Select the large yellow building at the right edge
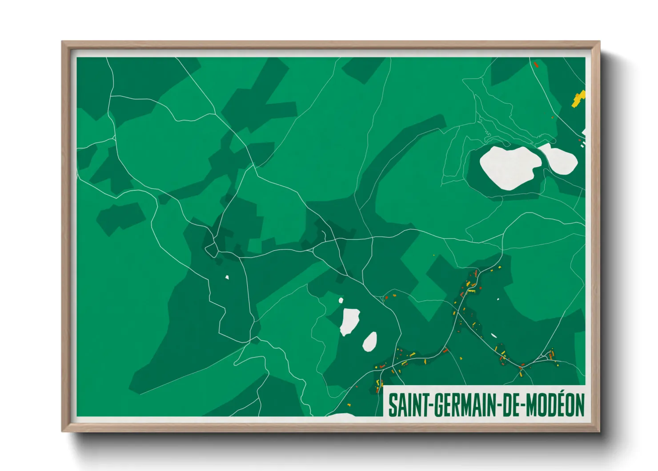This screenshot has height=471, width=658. click(578, 98)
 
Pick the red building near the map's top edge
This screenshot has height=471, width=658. click(536, 64)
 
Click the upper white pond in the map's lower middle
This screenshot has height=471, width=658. click(349, 321)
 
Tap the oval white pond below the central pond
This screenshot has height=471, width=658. click(370, 342)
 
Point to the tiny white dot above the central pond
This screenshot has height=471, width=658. click(341, 300)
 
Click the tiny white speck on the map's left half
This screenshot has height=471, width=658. click(227, 277)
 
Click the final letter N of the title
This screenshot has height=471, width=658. click(580, 406)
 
